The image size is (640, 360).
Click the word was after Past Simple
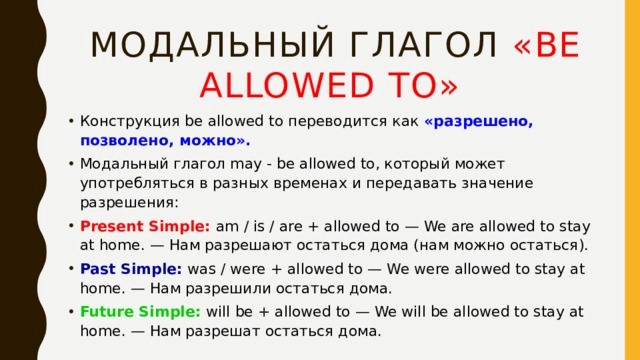201,269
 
